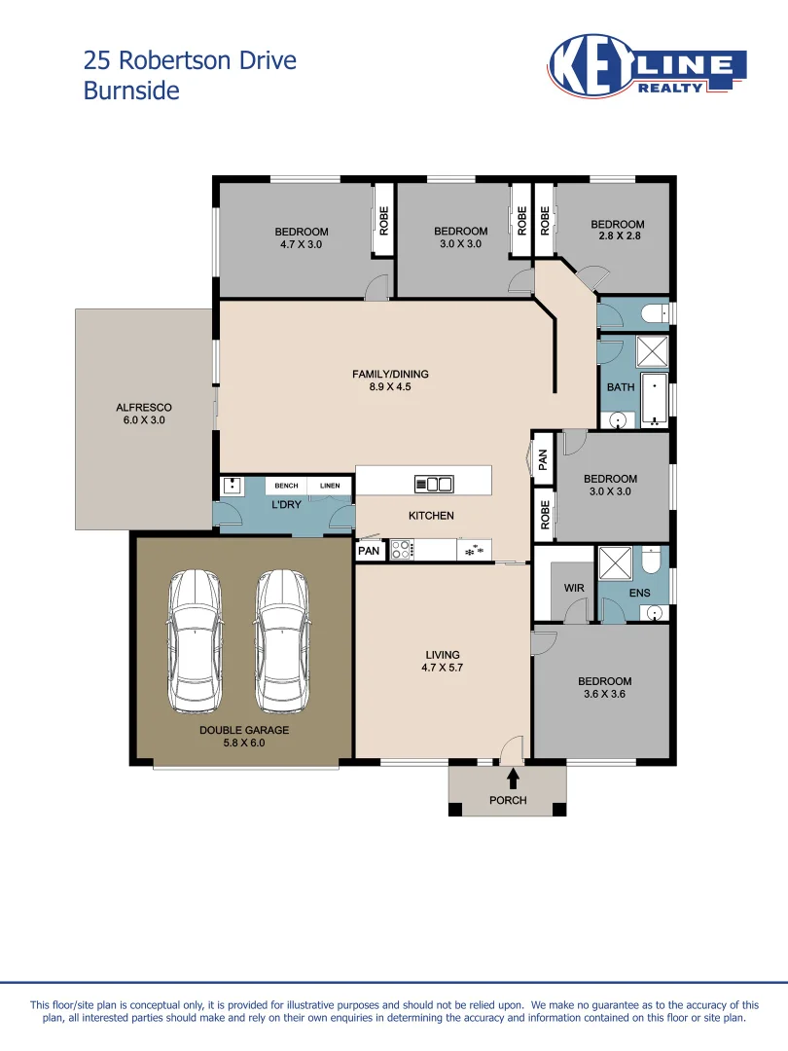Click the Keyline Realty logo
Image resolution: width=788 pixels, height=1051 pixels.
pos(647,66)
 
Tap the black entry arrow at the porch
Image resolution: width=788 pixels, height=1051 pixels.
pos(514,779)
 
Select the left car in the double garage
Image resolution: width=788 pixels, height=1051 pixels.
pos(195,641)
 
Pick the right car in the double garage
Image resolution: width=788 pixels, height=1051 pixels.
pos(283,641)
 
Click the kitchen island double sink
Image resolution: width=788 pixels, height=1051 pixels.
pos(434,484)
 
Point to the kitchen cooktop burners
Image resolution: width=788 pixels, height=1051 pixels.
pos(401,550)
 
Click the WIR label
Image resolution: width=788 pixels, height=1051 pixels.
pos(574,588)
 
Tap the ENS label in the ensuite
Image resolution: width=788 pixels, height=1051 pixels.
pos(640,593)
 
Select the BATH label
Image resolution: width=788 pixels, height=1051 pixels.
pos(621,386)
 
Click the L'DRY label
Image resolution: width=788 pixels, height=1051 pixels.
pos(286,504)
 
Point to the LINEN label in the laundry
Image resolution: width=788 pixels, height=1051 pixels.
pos(330,486)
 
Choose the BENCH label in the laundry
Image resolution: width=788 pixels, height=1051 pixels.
pos(286,486)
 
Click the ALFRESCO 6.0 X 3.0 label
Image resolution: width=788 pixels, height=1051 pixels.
pos(144,414)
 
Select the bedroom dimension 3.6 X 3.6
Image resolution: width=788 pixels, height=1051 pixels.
pos(604,694)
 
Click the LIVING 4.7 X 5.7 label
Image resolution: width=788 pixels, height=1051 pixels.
pos(443,661)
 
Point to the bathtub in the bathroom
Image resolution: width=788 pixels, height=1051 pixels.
pos(655,400)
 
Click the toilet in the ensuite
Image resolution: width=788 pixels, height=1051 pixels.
pos(651,561)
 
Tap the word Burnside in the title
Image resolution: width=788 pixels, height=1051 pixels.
pos(131,91)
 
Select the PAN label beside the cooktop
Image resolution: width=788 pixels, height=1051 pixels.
pos(369,550)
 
